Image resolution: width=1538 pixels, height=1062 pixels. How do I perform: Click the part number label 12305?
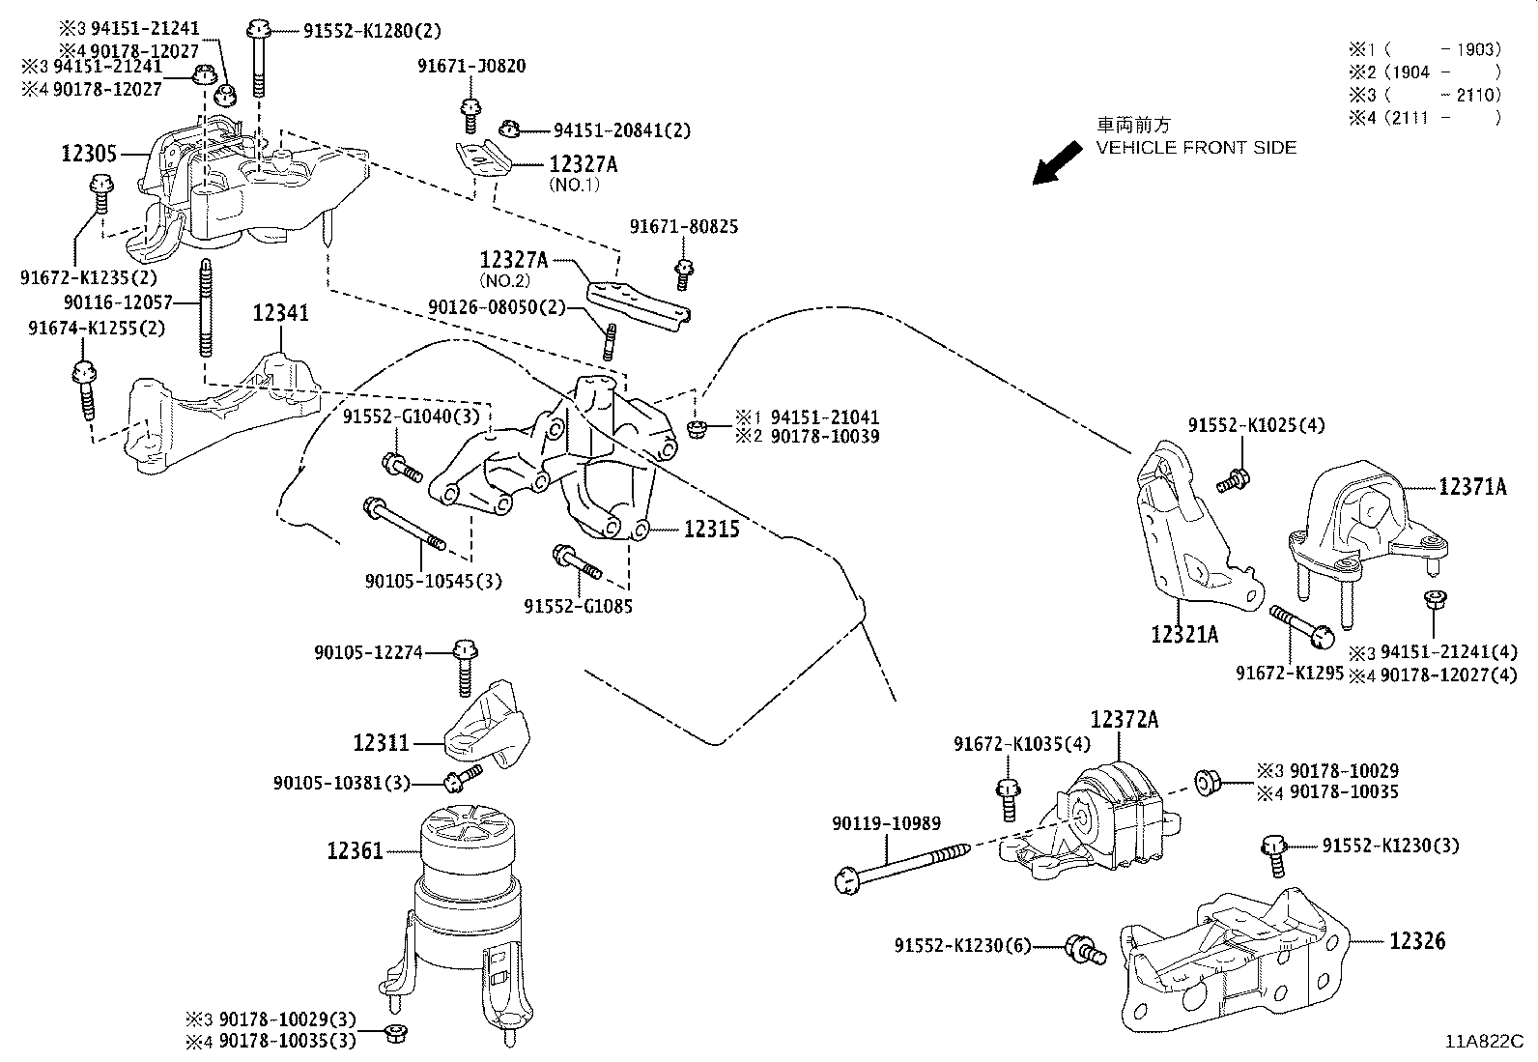coord(89,154)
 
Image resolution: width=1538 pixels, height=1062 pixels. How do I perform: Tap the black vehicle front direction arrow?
coord(1057,162)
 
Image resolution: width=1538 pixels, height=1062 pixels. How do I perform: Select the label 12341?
coord(280,313)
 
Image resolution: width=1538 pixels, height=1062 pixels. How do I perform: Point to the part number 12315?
coord(711,529)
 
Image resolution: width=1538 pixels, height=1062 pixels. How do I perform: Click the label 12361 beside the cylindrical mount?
coord(355,851)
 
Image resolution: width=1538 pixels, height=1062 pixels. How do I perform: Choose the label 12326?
coord(1417,940)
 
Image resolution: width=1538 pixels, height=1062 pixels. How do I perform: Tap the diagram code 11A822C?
coord(1484,1042)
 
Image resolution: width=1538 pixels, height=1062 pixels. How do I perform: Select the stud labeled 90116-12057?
coord(206,307)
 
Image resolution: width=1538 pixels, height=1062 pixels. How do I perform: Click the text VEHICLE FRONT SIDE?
coord(1196,148)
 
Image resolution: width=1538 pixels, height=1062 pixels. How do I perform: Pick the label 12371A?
coord(1472,487)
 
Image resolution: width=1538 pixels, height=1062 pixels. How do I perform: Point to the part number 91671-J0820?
coord(471,66)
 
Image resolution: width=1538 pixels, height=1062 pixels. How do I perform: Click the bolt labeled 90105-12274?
coord(466,669)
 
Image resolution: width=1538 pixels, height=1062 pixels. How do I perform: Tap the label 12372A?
coord(1124,719)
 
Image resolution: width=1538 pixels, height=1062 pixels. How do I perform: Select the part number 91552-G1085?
coord(578,607)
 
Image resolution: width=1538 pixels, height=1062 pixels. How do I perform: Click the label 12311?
coord(381,742)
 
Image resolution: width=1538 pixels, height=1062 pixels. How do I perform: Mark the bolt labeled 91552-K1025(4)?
coord(1233,480)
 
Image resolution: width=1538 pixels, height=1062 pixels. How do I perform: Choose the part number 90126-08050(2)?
coord(497,307)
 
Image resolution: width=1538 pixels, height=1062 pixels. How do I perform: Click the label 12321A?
coord(1184,634)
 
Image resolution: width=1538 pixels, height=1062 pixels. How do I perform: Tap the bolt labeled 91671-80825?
coord(683,275)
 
